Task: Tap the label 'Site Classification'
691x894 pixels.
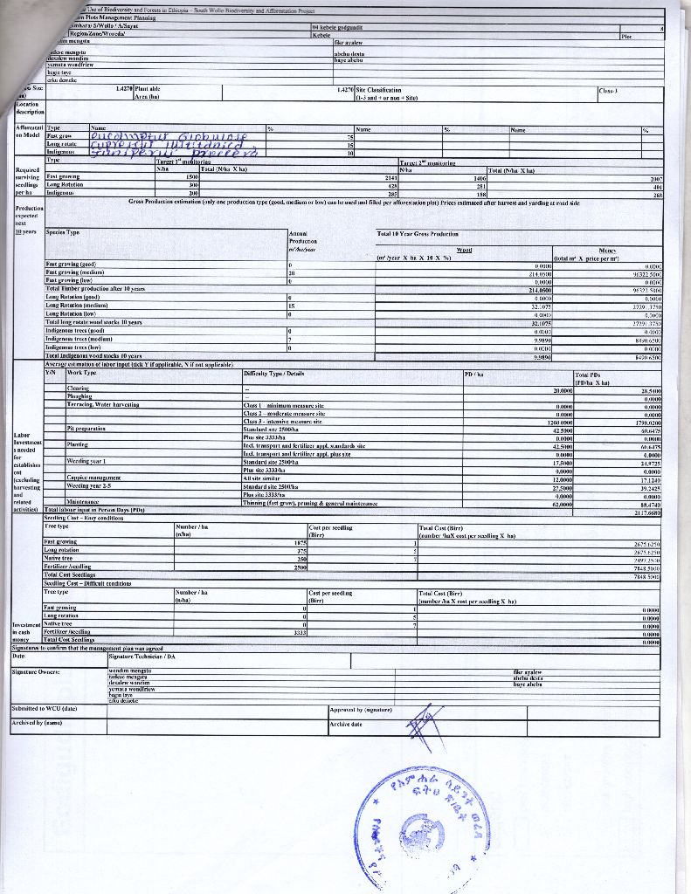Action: coord(377,90)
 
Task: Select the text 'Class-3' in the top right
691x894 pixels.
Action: coord(610,90)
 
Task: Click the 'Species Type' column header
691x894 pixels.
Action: coord(63,232)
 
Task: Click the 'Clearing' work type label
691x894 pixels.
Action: coord(78,388)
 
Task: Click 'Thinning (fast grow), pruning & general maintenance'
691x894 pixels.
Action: coord(310,503)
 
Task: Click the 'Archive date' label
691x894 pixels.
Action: coord(346,724)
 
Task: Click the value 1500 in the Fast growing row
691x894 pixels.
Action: coord(193,177)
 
